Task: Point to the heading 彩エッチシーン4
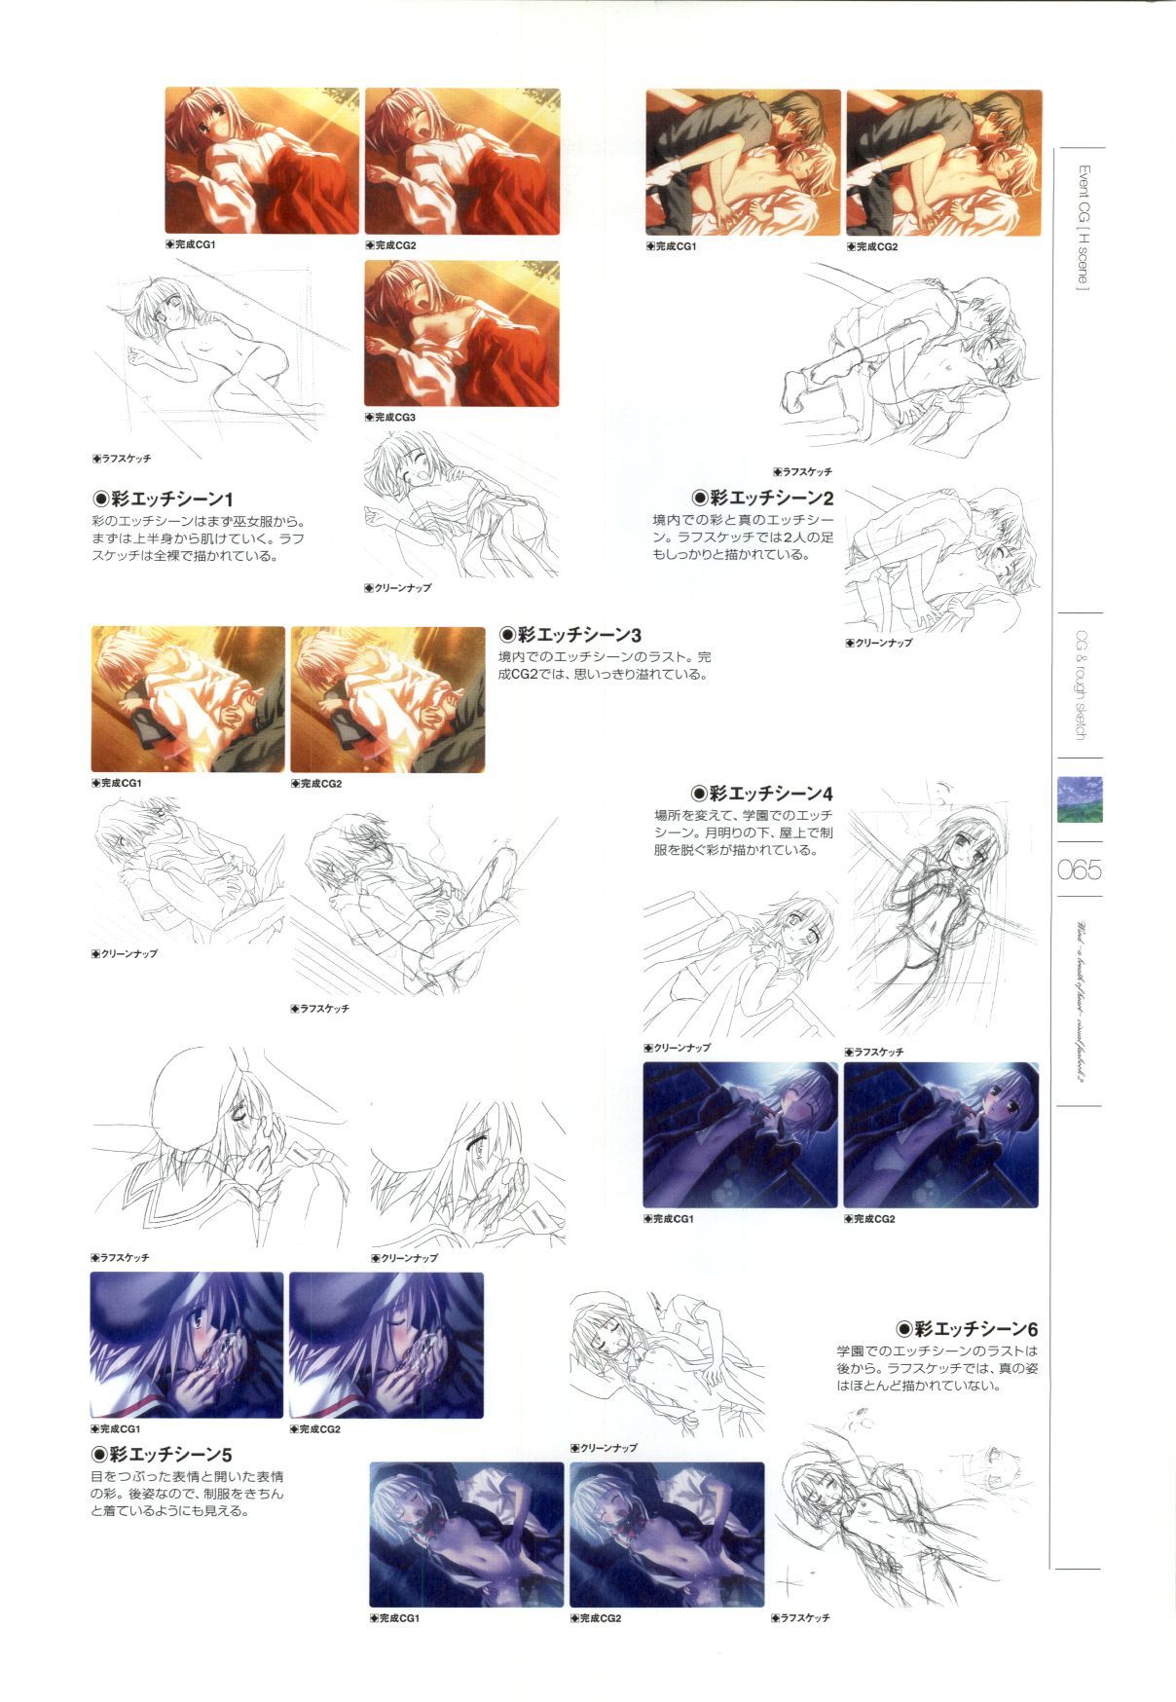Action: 769,794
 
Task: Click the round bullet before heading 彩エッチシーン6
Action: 902,1329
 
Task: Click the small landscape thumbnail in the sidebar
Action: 1079,798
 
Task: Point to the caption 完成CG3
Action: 395,417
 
